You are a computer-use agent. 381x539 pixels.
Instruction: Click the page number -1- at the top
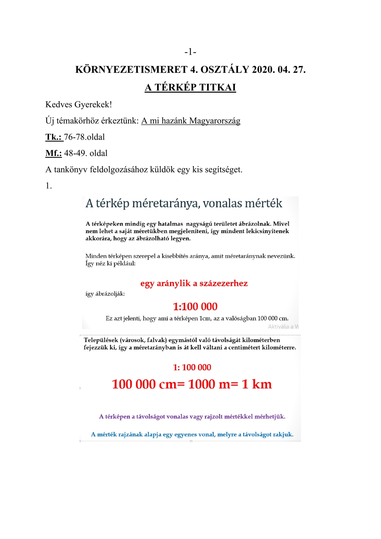(190, 52)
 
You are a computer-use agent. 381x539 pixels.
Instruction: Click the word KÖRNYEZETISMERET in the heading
(131, 70)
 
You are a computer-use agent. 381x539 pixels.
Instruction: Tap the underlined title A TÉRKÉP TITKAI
(190, 87)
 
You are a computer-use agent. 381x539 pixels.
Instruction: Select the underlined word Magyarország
(215, 121)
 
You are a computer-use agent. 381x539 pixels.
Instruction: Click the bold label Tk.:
(54, 137)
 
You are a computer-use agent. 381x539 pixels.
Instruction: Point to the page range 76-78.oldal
(84, 137)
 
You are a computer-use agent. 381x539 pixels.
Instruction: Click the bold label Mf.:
(54, 153)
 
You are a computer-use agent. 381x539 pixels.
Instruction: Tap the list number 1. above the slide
(48, 186)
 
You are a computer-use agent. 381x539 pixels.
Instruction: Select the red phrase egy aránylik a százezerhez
(194, 283)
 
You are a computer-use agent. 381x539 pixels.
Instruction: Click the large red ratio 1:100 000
(195, 307)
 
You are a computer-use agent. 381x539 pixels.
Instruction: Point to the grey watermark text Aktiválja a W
(283, 327)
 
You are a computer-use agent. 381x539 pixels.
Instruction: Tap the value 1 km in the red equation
(257, 384)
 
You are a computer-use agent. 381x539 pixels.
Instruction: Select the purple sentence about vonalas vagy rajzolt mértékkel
(192, 417)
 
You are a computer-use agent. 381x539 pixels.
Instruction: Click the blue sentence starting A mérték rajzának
(192, 434)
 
